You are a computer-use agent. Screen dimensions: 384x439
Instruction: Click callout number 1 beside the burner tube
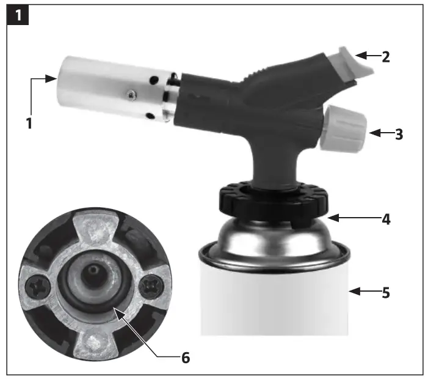coord(29,122)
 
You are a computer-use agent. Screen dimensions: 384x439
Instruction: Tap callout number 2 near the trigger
coord(386,57)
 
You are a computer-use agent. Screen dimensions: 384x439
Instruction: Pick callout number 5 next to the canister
coord(386,292)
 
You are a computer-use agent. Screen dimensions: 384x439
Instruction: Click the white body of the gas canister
coord(275,300)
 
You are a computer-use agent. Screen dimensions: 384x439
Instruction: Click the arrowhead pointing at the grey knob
coord(374,133)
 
